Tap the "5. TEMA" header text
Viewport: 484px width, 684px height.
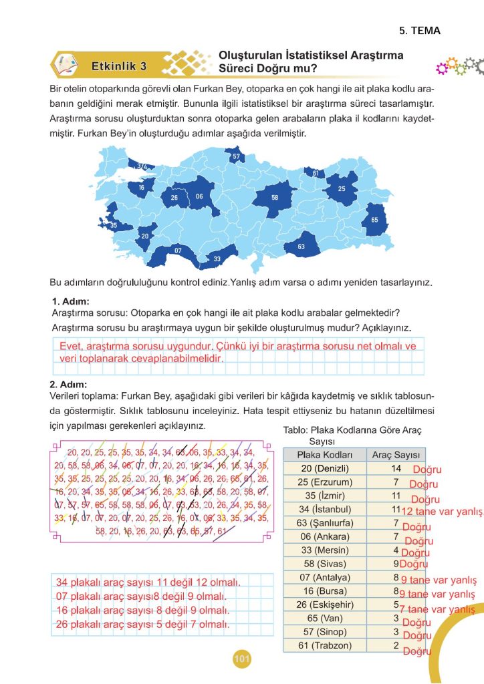point(420,31)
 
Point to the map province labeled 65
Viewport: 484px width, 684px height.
point(374,220)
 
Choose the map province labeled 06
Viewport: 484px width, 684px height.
point(199,196)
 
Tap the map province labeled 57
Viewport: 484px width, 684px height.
point(236,157)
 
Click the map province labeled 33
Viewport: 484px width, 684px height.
point(217,259)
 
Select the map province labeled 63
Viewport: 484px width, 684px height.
point(301,246)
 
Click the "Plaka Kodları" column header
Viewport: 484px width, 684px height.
point(324,455)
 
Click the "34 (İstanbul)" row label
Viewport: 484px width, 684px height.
point(324,509)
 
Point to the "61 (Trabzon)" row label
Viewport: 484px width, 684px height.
point(324,645)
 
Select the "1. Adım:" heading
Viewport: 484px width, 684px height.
point(70,302)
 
